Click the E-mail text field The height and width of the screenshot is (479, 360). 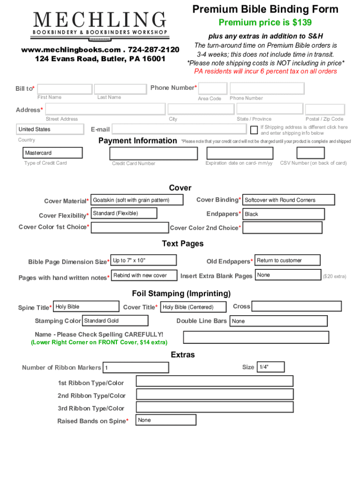click(x=179, y=129)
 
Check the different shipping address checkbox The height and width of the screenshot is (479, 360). click(x=254, y=130)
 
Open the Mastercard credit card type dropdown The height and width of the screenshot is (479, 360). click(x=53, y=153)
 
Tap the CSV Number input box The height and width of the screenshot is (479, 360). click(x=310, y=153)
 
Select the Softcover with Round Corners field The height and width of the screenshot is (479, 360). click(x=288, y=200)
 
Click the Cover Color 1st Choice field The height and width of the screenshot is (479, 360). click(x=130, y=228)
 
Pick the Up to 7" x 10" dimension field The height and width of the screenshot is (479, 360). click(x=144, y=261)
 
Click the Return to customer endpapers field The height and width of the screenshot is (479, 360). click(x=288, y=261)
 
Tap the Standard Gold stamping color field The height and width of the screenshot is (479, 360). click(x=115, y=321)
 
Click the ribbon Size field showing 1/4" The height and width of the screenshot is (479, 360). click(x=271, y=367)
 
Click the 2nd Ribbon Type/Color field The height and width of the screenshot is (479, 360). click(x=215, y=394)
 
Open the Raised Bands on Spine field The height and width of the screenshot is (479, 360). click(x=166, y=420)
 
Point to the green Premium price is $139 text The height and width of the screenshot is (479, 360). click(x=265, y=22)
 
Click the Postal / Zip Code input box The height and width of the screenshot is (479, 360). click(x=324, y=110)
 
